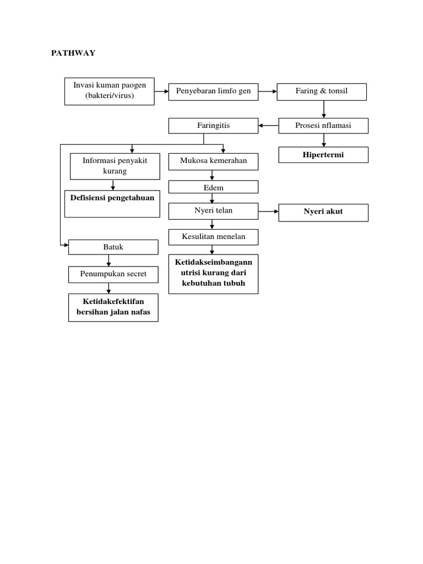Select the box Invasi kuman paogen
point(110,91)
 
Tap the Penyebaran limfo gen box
point(213,91)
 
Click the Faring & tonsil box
point(322,91)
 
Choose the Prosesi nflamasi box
point(323,126)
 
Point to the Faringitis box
point(213,126)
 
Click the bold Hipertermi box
point(323,155)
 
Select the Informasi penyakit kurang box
point(112,166)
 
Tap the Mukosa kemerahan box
point(213,161)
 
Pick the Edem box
point(213,188)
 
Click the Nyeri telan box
point(213,211)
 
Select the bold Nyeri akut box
point(323,211)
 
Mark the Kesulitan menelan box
point(213,237)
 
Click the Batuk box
point(113,247)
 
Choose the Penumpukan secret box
point(113,274)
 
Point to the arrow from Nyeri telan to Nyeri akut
point(268,211)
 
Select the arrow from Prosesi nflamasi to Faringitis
point(268,126)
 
